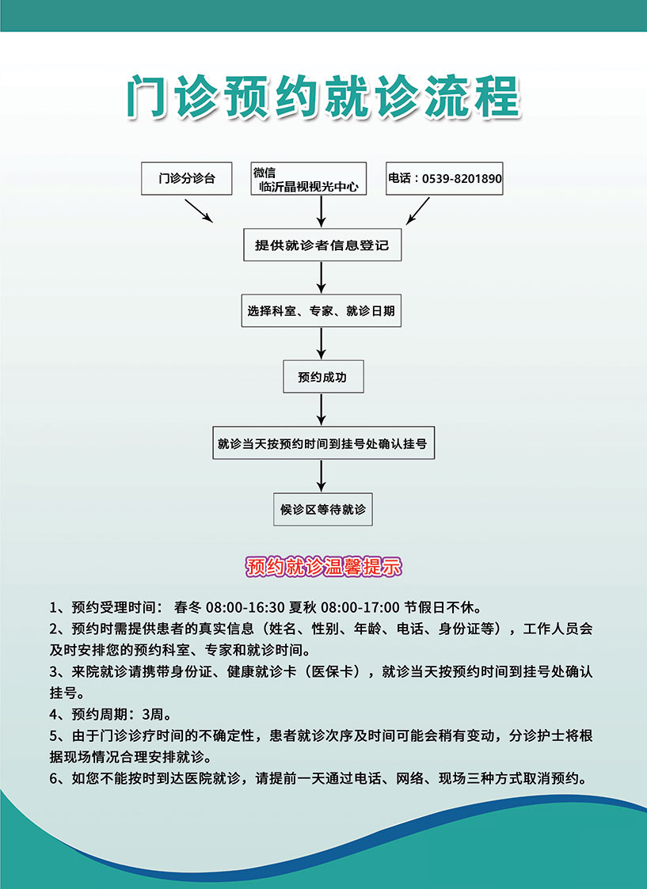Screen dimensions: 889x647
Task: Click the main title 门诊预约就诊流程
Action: [x=323, y=97]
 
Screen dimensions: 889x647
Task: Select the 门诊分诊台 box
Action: [x=187, y=179]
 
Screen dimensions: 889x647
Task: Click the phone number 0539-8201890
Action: [x=462, y=179]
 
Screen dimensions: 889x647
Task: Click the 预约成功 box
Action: [x=322, y=378]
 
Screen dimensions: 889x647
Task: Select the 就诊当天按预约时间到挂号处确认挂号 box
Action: [x=322, y=444]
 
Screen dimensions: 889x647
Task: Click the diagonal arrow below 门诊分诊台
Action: [x=198, y=211]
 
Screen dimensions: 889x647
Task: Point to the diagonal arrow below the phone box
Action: [x=417, y=211]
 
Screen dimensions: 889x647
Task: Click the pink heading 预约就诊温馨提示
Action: [x=323, y=566]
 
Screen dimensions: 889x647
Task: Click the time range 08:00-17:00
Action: [x=361, y=608]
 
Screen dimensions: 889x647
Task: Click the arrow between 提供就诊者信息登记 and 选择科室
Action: [x=322, y=276]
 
